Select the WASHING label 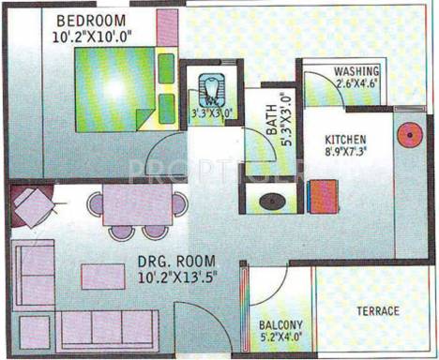(x=357, y=71)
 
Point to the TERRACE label (x=377, y=311)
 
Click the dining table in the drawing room (x=137, y=205)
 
